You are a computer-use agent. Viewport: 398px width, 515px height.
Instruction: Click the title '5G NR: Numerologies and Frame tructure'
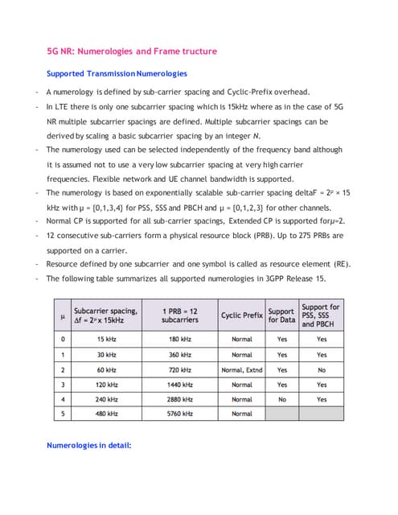point(131,51)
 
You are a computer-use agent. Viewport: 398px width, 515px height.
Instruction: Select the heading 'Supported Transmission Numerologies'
point(117,74)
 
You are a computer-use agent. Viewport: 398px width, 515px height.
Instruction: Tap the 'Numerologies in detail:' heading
point(88,444)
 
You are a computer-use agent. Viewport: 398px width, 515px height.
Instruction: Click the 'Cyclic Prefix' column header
point(242,315)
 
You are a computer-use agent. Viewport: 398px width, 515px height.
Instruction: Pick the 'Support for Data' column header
point(281,315)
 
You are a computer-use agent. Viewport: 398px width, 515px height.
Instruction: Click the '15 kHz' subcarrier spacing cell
point(105,340)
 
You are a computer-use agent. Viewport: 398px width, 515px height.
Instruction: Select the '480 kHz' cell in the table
point(105,414)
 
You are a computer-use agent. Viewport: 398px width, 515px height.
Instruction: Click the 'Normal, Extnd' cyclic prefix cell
point(242,369)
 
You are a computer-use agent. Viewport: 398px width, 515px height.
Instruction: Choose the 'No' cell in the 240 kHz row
point(281,399)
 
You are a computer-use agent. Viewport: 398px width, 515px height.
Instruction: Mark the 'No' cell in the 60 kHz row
point(322,369)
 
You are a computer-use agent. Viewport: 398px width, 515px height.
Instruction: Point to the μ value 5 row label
point(62,414)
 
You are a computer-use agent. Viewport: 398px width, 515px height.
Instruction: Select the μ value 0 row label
point(62,340)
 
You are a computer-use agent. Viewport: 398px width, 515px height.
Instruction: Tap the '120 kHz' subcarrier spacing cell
point(105,384)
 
